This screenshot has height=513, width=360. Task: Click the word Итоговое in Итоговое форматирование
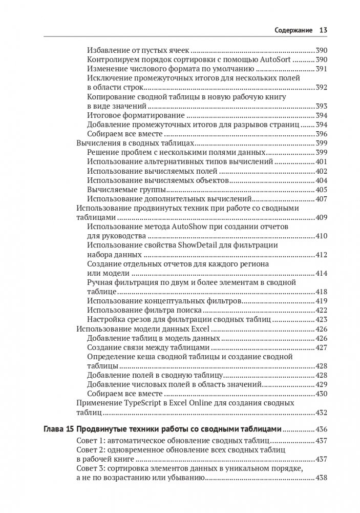pyautogui.click(x=103, y=115)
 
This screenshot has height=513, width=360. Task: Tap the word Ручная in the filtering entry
pyautogui.click(x=100, y=282)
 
